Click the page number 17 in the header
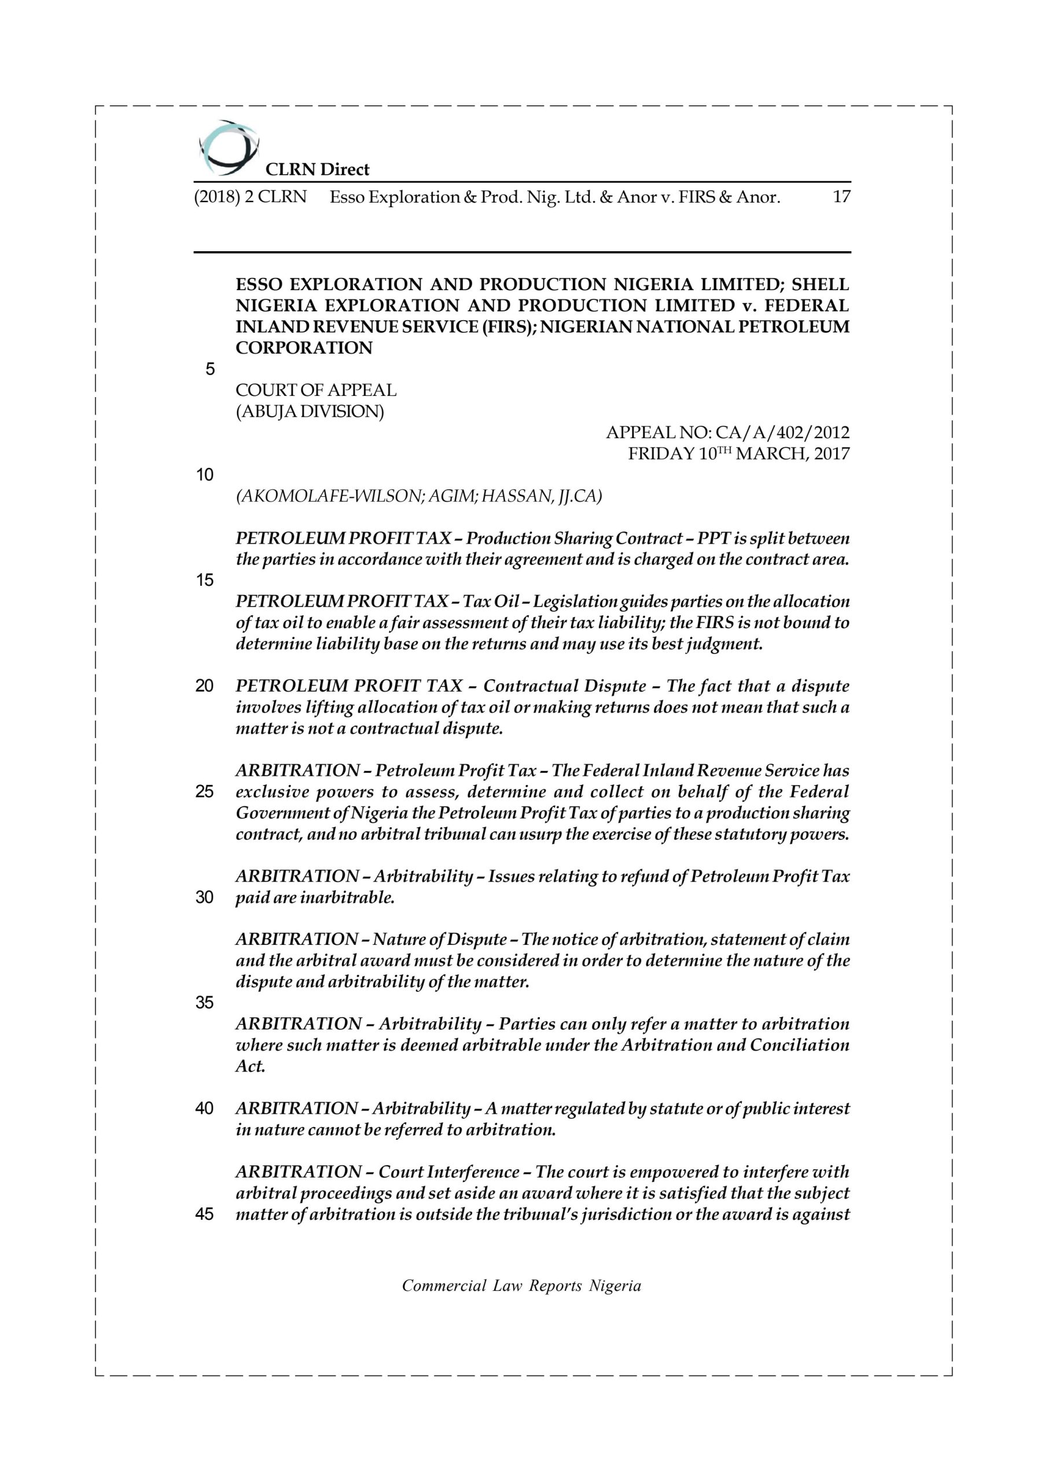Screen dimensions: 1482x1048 coord(841,197)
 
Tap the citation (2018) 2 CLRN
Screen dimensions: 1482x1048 coord(250,197)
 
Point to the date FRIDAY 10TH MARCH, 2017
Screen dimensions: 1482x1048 coord(739,454)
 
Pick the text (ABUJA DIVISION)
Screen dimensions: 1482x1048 coord(310,412)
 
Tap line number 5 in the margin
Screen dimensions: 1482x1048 coord(209,369)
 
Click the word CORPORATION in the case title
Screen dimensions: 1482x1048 coord(304,348)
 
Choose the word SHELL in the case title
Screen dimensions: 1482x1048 coord(820,285)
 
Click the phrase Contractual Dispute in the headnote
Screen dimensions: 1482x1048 coord(565,686)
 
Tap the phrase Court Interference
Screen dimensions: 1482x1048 coord(449,1172)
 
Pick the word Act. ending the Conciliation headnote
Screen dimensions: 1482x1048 coord(251,1066)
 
